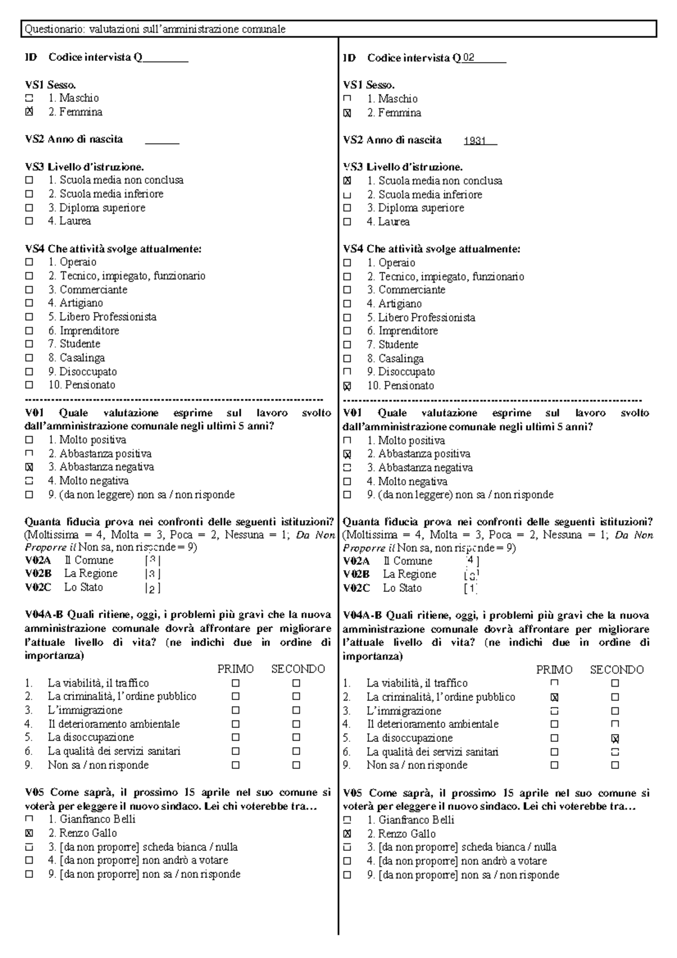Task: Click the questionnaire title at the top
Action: click(x=153, y=29)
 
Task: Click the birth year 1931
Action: click(x=474, y=141)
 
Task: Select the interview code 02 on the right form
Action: click(x=469, y=58)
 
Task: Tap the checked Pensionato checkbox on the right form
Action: click(x=347, y=386)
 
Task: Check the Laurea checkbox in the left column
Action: click(x=29, y=221)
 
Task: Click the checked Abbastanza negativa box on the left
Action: click(x=29, y=467)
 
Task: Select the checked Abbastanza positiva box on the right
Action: click(x=347, y=454)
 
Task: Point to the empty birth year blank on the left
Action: click(x=162, y=140)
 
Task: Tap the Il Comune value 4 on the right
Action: click(x=471, y=561)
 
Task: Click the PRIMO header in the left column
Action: click(x=235, y=669)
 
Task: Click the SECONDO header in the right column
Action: click(x=617, y=670)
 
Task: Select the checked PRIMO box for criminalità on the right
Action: click(x=555, y=697)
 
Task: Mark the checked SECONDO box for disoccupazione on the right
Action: click(x=615, y=739)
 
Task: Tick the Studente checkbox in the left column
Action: click(x=29, y=344)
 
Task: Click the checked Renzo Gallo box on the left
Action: click(x=29, y=833)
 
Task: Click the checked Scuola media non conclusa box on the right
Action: click(x=347, y=181)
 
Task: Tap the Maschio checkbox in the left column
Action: click(x=29, y=98)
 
